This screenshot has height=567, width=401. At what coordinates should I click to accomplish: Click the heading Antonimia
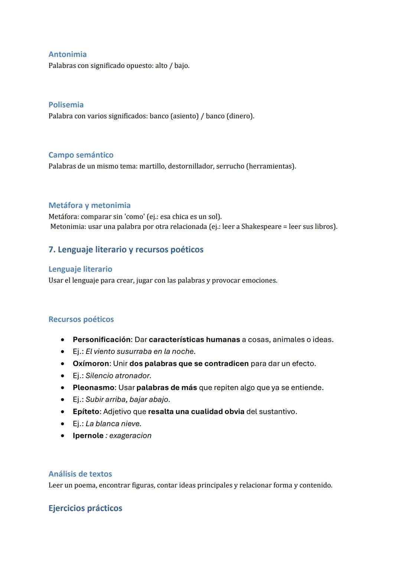click(68, 54)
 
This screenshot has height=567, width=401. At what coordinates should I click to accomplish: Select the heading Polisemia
click(66, 105)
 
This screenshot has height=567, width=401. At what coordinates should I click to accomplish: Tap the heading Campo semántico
click(81, 155)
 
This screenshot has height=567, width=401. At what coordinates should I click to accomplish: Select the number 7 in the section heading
click(51, 250)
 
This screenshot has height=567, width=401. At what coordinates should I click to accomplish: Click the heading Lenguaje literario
click(80, 269)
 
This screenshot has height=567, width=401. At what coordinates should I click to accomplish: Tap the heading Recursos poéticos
click(81, 319)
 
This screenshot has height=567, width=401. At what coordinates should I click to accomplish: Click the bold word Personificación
click(101, 340)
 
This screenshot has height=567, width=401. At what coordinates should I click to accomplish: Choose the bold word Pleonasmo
click(93, 388)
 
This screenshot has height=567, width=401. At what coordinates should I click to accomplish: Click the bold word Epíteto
click(86, 412)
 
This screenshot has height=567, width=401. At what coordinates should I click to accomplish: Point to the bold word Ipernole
click(88, 436)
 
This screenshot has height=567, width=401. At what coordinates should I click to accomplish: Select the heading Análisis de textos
click(80, 474)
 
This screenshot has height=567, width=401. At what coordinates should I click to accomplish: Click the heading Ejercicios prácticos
click(85, 508)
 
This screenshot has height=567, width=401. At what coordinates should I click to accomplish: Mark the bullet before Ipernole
click(63, 436)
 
